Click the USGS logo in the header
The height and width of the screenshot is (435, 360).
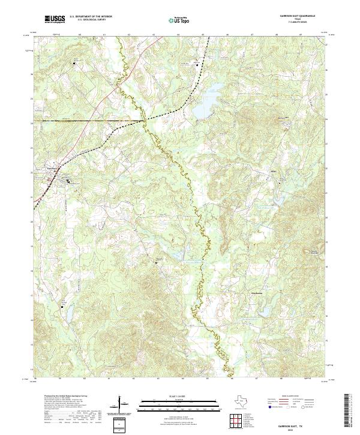[x=55, y=20]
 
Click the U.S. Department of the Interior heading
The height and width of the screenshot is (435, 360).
[x=91, y=16]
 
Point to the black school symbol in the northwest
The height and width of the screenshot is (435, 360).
[x=75, y=62]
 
